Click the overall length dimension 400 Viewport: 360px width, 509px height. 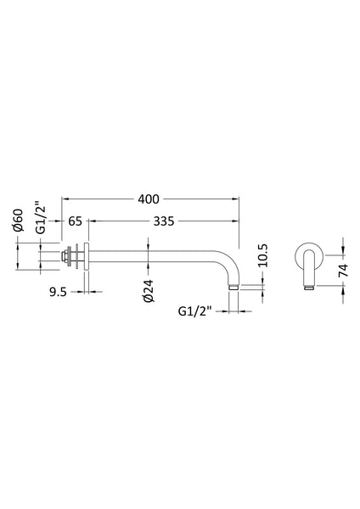pyautogui.click(x=149, y=199)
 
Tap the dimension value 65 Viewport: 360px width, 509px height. pyautogui.click(x=74, y=221)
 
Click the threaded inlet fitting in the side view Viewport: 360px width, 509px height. pyautogui.click(x=68, y=255)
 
